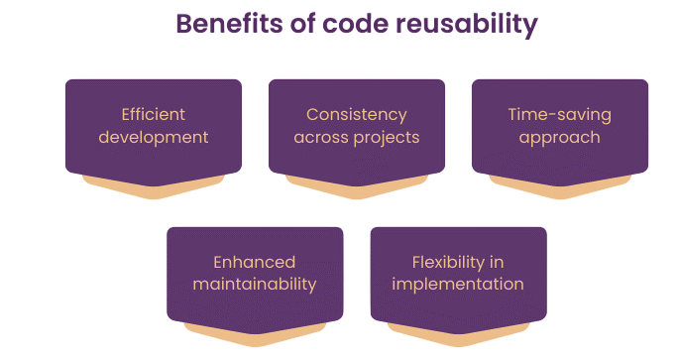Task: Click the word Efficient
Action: pyautogui.click(x=154, y=114)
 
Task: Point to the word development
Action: pyautogui.click(x=154, y=137)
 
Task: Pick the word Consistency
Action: pyautogui.click(x=357, y=114)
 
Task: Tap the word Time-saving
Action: pyautogui.click(x=560, y=114)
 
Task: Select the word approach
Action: pyautogui.click(x=560, y=137)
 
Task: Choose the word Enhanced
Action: pyautogui.click(x=255, y=262)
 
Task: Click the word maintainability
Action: pyautogui.click(x=255, y=285)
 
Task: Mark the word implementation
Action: pyautogui.click(x=458, y=285)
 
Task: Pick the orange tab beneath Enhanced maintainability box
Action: pyautogui.click(x=255, y=334)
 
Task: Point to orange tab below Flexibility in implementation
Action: pyautogui.click(x=458, y=334)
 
